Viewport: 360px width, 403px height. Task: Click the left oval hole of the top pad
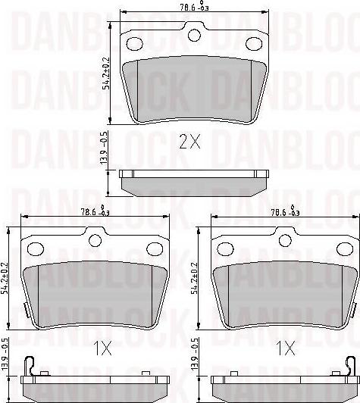click(136, 42)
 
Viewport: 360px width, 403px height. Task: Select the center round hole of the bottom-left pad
click(95, 240)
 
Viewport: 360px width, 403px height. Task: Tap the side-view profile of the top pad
click(196, 182)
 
